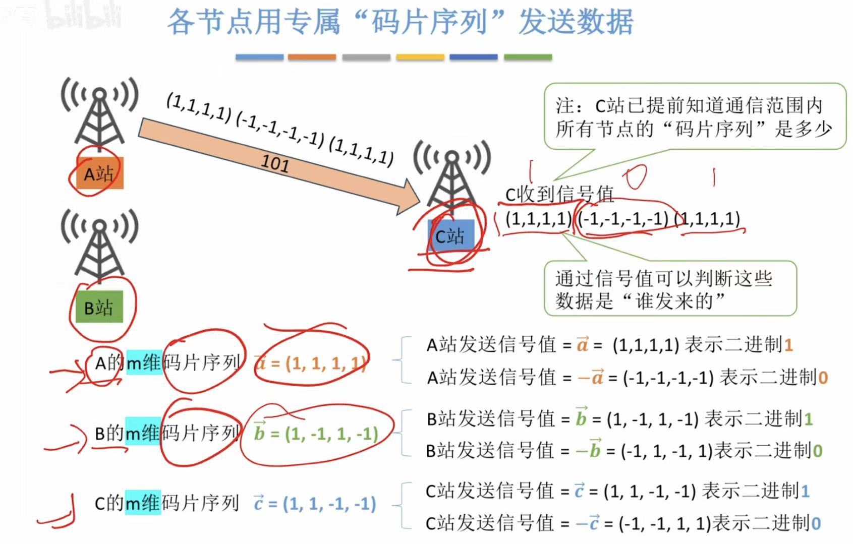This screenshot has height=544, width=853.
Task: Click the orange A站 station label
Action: pyautogui.click(x=99, y=174)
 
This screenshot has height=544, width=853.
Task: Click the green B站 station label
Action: pyautogui.click(x=99, y=307)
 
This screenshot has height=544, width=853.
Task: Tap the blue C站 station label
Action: pyautogui.click(x=450, y=236)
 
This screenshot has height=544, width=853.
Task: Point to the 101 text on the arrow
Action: pyautogui.click(x=275, y=163)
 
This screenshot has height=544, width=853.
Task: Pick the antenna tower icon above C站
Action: pyautogui.click(x=451, y=176)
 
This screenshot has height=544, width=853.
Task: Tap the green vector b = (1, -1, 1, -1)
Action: pyautogui.click(x=316, y=433)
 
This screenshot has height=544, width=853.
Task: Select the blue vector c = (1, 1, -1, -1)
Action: pyautogui.click(x=315, y=503)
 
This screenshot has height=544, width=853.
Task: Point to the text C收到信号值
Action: pyautogui.click(x=559, y=194)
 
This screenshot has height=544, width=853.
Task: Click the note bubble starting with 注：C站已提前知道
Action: pyautogui.click(x=694, y=117)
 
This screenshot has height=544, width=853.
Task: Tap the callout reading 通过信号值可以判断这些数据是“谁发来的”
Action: pyautogui.click(x=669, y=289)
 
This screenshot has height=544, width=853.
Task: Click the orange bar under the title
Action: pyautogui.click(x=312, y=57)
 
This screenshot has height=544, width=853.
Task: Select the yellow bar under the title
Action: pyautogui.click(x=420, y=57)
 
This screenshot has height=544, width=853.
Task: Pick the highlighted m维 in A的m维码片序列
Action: pyautogui.click(x=143, y=362)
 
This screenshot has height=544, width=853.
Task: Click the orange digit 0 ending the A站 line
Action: pyautogui.click(x=823, y=377)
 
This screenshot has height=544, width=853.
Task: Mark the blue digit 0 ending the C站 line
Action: pyautogui.click(x=816, y=523)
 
